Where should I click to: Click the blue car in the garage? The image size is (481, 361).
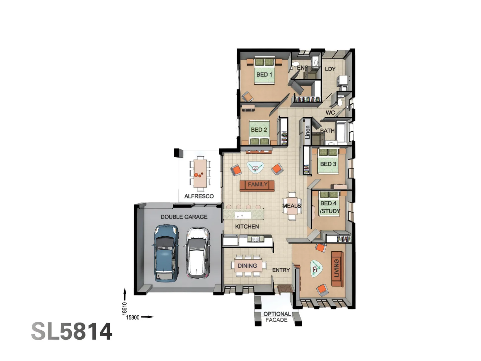coord(166,253)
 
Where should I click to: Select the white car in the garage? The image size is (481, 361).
coord(197,253)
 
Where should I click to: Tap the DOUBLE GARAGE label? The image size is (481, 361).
coord(184,217)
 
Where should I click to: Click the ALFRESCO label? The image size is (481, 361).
coord(199,196)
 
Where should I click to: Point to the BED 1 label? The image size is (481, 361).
coord(264,75)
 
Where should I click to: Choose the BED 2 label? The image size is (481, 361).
coord(259,130)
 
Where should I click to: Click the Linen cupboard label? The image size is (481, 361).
coord(307,132)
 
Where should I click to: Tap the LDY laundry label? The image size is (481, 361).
coord(330,69)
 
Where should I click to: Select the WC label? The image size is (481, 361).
coord(330,113)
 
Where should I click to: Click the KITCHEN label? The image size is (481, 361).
coord(247,227)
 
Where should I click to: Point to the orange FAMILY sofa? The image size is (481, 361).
coord(257,185)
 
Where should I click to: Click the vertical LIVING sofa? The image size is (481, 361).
coord(337,268)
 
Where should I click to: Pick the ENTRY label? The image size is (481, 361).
coord(281,270)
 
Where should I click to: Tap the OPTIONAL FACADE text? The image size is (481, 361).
coord(277,317)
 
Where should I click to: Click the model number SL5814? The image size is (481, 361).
coord(72,332)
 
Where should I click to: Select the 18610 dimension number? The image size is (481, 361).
coord(125,309)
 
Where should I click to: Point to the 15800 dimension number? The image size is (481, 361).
coord(133,318)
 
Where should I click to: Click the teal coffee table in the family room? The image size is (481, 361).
coord(255,167)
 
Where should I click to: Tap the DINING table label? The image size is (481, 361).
coord(247,266)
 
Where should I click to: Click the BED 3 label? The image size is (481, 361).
coord(328,164)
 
